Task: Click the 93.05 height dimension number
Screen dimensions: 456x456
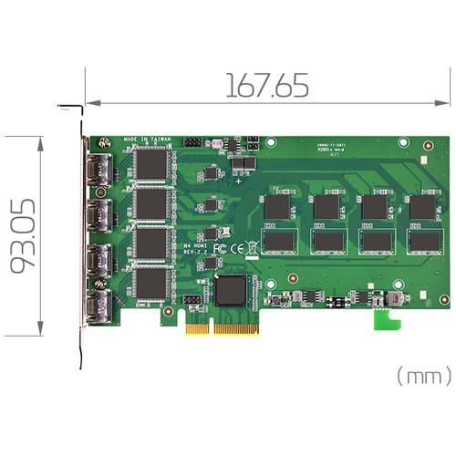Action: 25,236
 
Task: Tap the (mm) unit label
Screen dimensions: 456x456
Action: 423,374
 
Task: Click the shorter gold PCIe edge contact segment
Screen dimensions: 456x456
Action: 197,326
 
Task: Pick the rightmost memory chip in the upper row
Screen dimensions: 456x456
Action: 422,207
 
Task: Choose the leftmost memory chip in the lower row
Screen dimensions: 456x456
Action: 277,240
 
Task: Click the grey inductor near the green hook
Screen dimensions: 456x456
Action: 396,299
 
